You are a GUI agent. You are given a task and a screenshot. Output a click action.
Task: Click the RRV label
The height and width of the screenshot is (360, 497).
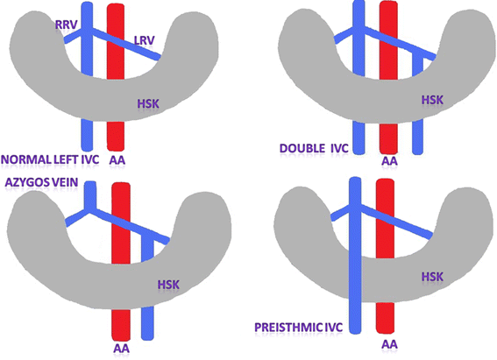[x=67, y=27]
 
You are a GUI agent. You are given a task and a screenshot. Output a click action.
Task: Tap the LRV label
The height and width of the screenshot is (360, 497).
[x=145, y=42]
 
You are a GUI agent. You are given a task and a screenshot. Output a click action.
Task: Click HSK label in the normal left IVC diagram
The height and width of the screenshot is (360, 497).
[x=150, y=105]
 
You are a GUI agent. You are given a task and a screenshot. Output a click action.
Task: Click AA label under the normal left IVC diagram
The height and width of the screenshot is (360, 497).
[x=117, y=161]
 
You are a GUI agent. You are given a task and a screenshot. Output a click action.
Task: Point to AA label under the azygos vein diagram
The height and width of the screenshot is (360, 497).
[x=122, y=348]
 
